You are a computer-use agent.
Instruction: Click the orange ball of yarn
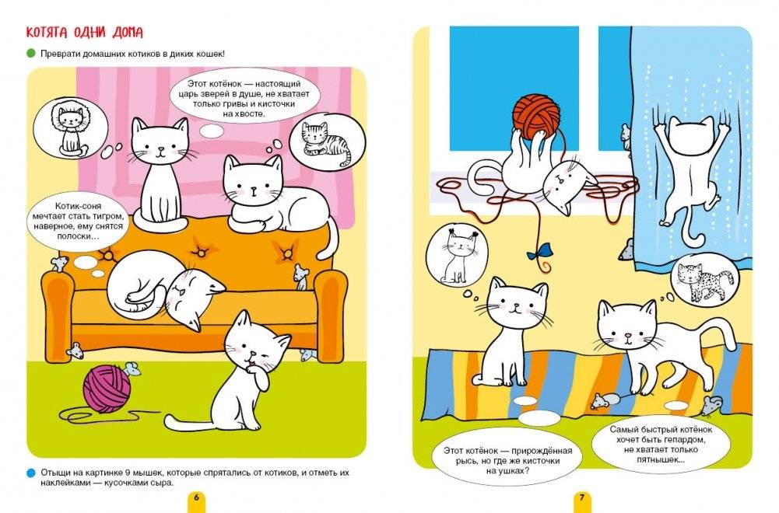pos(536,117)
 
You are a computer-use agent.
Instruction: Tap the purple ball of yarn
pos(107,389)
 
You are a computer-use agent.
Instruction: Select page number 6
pos(196,497)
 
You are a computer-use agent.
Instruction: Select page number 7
pos(582,497)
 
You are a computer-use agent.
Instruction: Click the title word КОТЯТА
pos(46,33)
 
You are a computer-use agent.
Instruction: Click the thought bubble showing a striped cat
pos(326,141)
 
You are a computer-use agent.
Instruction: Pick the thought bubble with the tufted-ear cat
pos(457,256)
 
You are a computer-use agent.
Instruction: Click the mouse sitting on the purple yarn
pos(132,368)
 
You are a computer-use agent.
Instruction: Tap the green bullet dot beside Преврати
pos(31,53)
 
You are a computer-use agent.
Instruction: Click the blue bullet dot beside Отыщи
pos(31,473)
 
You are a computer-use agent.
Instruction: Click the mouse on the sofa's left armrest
pos(59,263)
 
